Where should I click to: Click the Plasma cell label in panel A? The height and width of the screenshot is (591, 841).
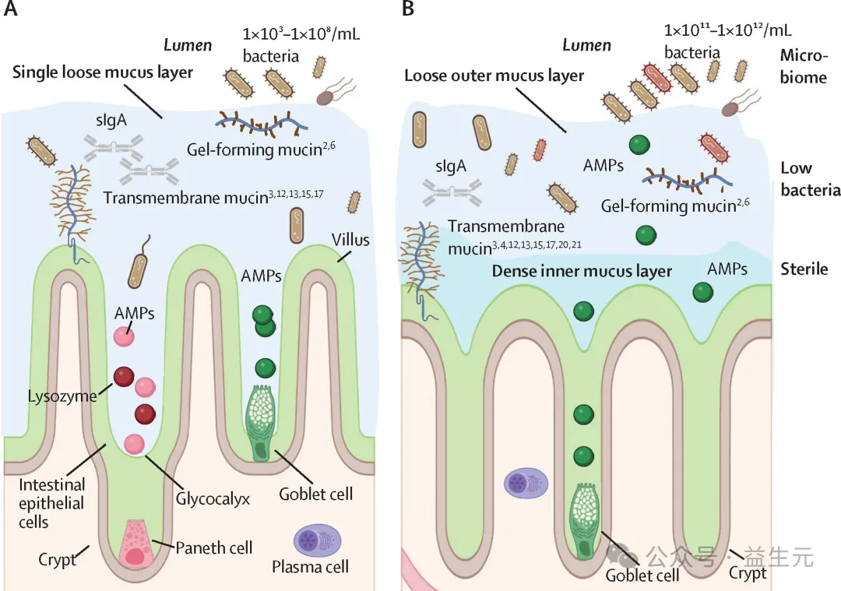coord(310,566)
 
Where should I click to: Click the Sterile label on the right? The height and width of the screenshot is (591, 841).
coord(804,269)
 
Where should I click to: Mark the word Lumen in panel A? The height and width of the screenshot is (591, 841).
coord(188,45)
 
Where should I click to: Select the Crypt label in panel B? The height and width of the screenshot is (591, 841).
coord(748,573)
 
